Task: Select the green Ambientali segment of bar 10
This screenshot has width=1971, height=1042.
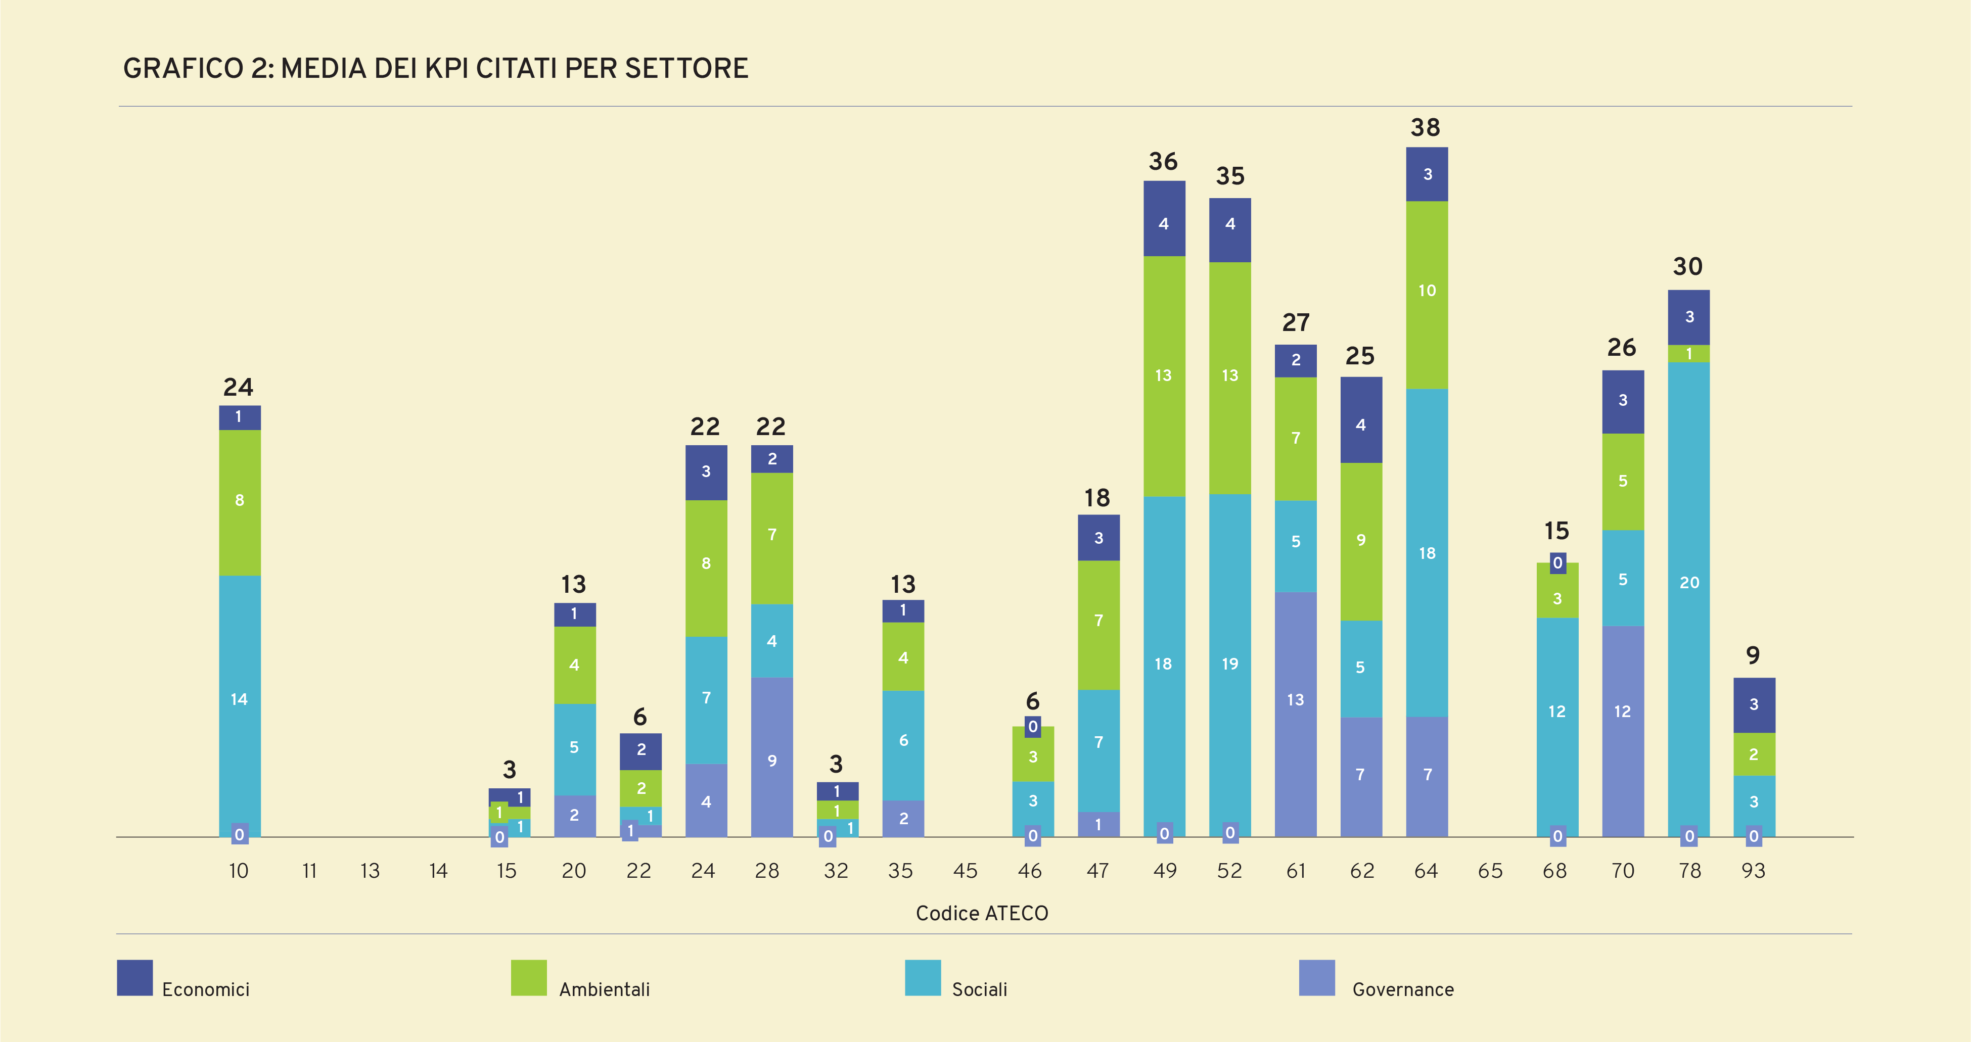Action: [240, 501]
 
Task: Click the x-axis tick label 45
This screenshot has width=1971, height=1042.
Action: [965, 871]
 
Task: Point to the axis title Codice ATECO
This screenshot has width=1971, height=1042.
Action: [982, 914]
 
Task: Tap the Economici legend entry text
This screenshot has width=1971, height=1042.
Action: [206, 989]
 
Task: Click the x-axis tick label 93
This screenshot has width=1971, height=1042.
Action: [1753, 871]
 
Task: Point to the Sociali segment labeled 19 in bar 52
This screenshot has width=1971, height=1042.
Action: [1229, 664]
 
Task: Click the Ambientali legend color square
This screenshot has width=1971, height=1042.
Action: [529, 978]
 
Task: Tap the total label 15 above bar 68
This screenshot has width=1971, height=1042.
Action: [1556, 531]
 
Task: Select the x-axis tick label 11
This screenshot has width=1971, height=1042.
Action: [309, 871]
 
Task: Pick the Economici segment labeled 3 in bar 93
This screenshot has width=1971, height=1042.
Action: [1754, 704]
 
